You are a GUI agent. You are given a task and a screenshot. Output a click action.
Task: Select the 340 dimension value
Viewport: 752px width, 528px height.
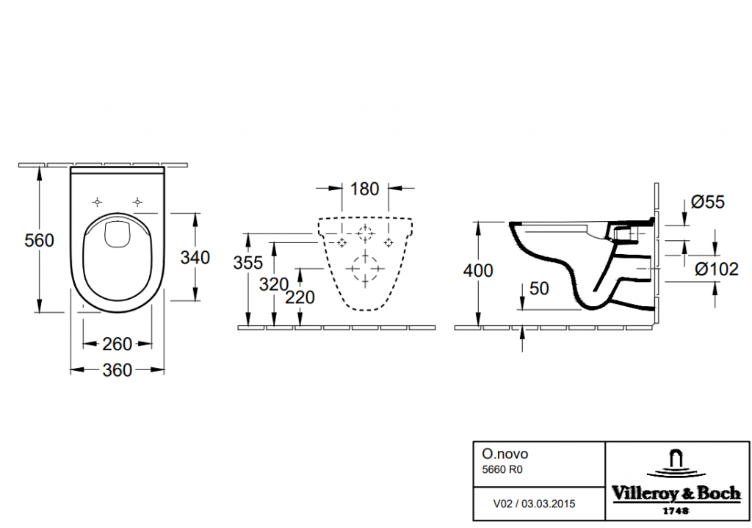[195, 258]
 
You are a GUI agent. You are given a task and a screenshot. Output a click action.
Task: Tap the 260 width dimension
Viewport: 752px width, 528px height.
[117, 344]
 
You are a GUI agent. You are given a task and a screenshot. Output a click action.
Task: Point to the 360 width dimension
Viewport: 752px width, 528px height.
[117, 370]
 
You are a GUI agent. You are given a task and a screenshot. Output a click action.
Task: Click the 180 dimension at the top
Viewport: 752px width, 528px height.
[364, 189]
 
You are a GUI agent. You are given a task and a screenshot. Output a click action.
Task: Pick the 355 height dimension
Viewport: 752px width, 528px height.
[248, 263]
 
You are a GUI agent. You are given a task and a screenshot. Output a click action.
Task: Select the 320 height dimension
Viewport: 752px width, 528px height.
[273, 284]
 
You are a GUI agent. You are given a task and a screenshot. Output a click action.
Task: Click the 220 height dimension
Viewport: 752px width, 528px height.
[300, 297]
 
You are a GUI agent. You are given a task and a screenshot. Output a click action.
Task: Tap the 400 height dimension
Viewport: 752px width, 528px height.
[478, 270]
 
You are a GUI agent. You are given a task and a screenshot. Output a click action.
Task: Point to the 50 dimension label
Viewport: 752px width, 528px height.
[539, 289]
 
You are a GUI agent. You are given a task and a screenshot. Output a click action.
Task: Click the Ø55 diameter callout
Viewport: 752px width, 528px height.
[709, 202]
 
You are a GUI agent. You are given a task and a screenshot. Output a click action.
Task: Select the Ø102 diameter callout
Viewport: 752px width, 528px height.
[716, 270]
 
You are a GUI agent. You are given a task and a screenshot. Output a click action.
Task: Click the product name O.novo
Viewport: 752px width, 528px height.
[499, 455]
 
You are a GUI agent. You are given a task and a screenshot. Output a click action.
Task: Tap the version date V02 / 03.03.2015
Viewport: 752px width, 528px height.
[533, 504]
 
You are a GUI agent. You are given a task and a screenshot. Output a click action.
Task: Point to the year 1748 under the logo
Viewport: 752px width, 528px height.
[676, 510]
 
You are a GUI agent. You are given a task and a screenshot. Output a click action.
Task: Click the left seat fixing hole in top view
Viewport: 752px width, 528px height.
[97, 201]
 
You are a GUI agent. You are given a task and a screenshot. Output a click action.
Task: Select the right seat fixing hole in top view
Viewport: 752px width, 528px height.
[137, 201]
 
